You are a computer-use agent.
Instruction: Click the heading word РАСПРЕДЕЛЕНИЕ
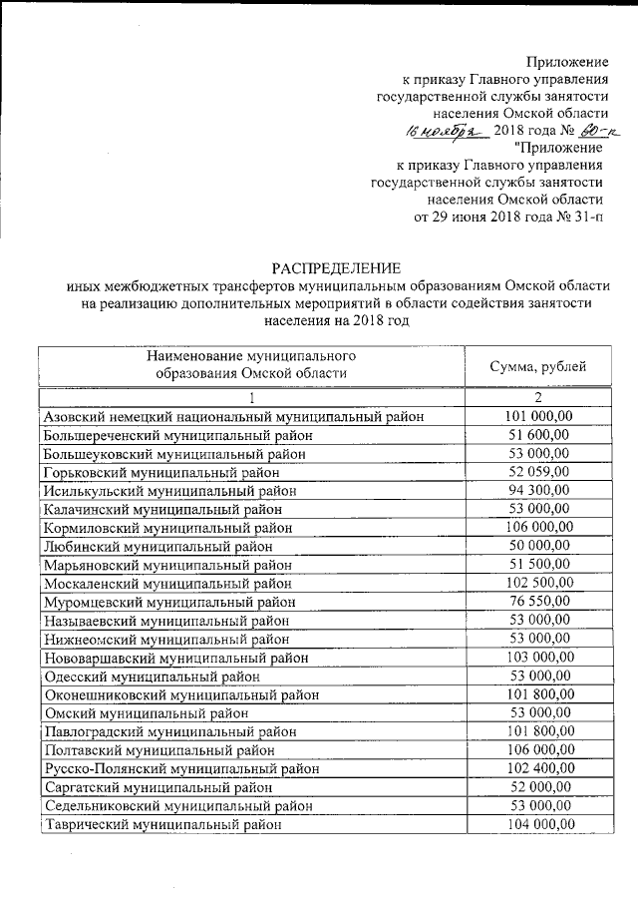click(337, 267)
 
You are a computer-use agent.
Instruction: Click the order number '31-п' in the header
click(591, 216)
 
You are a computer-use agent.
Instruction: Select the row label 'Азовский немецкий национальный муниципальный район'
click(234, 417)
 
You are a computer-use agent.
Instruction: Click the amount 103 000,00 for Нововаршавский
click(538, 657)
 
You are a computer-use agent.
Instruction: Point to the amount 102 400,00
click(538, 768)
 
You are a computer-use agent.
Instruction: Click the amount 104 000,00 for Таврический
click(538, 824)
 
